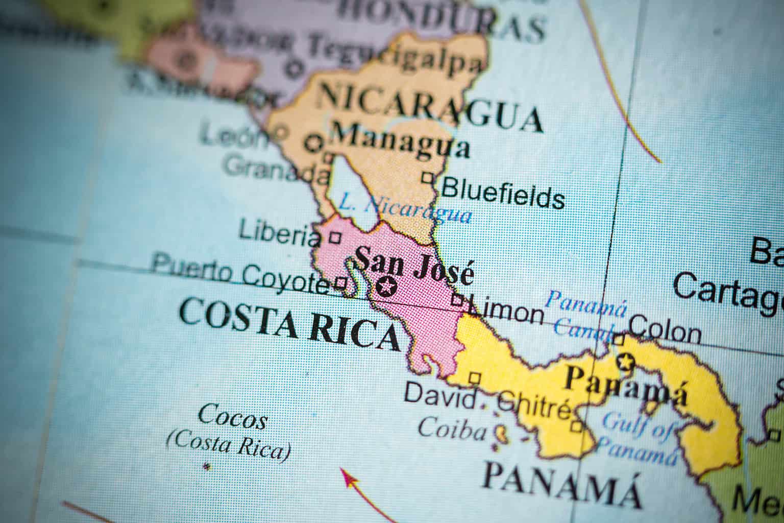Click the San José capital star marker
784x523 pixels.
[x=386, y=287]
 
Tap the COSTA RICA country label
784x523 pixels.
[x=289, y=324]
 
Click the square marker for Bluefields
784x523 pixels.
[x=428, y=178]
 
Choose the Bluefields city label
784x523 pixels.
[x=503, y=194]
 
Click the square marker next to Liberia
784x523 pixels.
[x=335, y=237]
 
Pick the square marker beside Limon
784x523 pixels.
[x=458, y=301]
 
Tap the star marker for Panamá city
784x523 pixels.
[x=624, y=362]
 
